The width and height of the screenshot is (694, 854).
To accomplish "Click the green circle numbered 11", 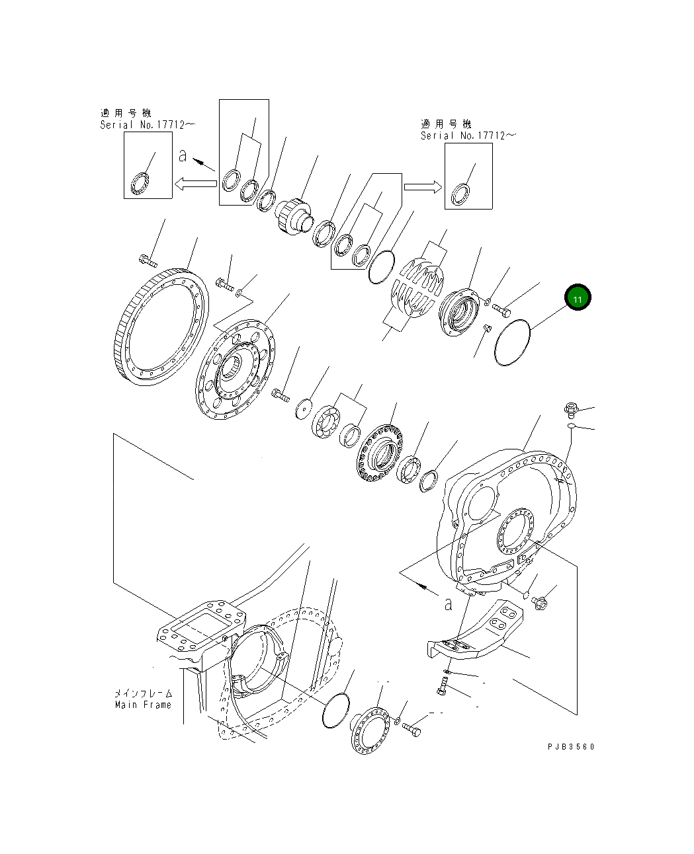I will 578,299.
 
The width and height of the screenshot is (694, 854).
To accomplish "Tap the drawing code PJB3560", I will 571,746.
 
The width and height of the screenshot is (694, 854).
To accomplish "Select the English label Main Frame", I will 143,705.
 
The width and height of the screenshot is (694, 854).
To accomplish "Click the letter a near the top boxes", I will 183,157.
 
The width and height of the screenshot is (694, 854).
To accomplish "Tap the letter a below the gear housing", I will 449,603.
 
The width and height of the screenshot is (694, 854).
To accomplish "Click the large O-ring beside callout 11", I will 511,340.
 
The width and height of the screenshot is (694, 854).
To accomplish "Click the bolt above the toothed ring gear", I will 147,258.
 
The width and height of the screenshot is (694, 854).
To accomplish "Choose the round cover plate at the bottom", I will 372,729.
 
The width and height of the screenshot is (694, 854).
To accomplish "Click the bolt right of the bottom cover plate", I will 411,730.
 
